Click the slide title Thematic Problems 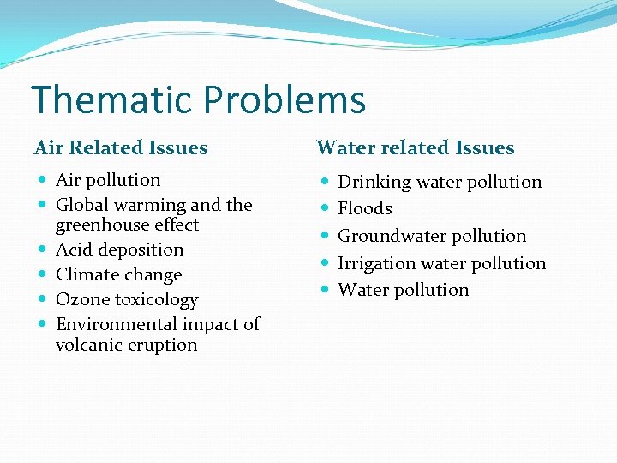click(198, 99)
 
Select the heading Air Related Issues click(121, 148)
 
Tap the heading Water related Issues click(416, 148)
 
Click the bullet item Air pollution click(108, 180)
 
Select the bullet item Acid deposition click(119, 250)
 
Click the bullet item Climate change click(118, 275)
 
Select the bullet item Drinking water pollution click(440, 182)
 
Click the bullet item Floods click(365, 208)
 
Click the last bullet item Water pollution click(404, 290)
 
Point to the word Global click(81, 205)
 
